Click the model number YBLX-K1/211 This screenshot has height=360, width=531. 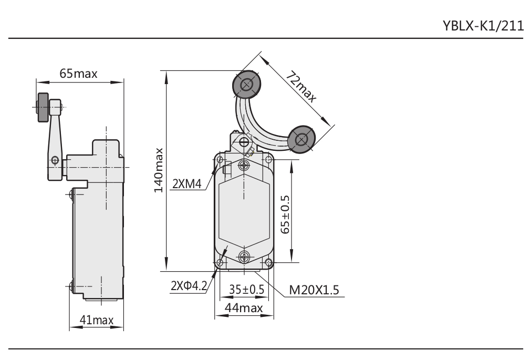[483, 25]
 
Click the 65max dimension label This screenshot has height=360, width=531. [78, 73]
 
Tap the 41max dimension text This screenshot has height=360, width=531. [97, 320]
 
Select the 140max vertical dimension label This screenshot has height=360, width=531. [159, 170]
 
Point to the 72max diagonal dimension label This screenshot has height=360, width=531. [301, 86]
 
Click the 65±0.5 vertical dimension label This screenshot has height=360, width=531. [286, 214]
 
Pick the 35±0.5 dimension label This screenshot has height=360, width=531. [246, 289]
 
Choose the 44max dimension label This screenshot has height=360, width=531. [244, 308]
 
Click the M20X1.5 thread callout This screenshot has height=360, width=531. [314, 290]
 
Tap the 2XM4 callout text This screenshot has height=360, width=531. [187, 184]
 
